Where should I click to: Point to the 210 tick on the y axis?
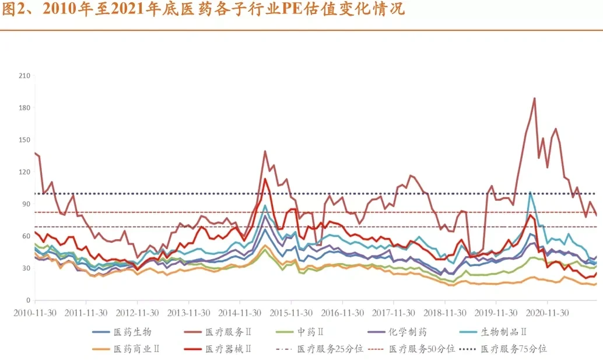pos(24,76)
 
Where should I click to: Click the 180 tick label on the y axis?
pos(24,108)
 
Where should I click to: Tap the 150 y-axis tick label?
pos(24,140)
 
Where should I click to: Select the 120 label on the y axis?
pos(24,172)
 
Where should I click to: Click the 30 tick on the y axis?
pos(26,268)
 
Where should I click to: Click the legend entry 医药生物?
pos(132,332)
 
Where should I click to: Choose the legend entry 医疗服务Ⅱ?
pos(228,332)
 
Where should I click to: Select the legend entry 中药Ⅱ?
pos(310,332)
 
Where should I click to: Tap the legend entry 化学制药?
pos(408,332)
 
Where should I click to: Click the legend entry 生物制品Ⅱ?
pos(503,332)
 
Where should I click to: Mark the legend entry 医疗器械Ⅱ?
pos(228,349)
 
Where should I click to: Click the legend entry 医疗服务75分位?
pos(514,349)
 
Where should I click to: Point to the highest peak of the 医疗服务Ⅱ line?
pos(534,98)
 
